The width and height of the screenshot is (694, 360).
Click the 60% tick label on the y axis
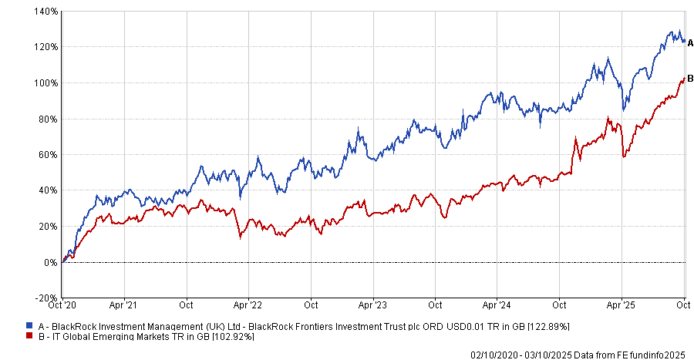tap(49, 155)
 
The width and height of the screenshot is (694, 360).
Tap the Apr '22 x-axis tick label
tap(249, 304)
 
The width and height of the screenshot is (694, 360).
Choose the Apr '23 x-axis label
tap(373, 304)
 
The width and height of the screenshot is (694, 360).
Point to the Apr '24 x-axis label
tap(497, 304)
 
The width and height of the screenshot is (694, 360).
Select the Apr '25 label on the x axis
tap(622, 304)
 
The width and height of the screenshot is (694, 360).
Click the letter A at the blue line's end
tap(691, 42)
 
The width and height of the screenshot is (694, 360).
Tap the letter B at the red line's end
tap(691, 78)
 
